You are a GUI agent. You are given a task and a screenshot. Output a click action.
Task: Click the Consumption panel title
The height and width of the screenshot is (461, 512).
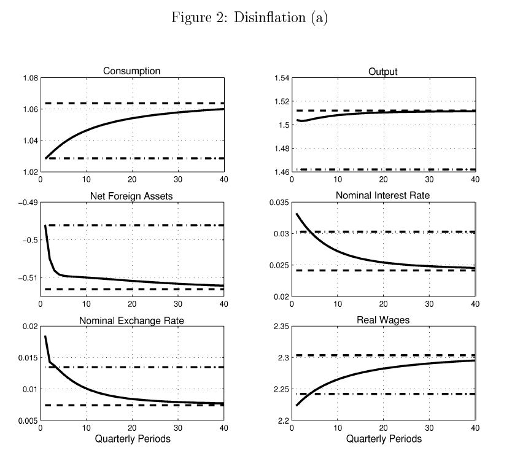click(131, 71)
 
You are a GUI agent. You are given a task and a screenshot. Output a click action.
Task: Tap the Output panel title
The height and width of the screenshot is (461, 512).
click(382, 72)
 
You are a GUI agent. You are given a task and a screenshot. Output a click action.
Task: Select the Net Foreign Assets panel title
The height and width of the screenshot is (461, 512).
click(131, 196)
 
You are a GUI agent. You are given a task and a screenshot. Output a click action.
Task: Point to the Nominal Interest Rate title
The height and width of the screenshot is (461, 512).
click(382, 196)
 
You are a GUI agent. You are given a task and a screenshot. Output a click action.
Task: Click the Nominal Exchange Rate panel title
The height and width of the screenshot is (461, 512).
click(131, 320)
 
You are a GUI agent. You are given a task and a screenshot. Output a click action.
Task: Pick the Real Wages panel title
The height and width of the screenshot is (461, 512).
click(382, 320)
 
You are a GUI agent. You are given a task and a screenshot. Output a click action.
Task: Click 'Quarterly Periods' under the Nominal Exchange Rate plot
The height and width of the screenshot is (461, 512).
click(131, 439)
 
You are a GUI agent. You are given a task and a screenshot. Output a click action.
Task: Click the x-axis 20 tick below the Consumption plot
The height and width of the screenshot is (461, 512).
click(131, 179)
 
